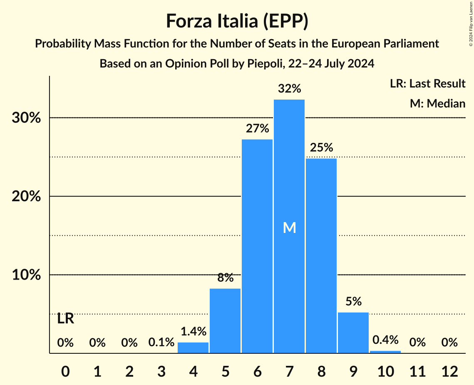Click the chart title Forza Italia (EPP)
237,21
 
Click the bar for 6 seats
257,246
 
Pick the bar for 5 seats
225,321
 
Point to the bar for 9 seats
353,332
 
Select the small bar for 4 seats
193,348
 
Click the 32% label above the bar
289,89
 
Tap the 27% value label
257,128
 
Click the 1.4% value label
193,332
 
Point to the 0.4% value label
385,340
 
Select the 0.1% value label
161,342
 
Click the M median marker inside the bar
289,227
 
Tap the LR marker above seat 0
65,319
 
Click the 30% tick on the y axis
25,118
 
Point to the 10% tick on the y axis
25,275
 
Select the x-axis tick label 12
449,371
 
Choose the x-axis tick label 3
161,371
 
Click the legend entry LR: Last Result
427,84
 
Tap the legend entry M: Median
437,103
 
